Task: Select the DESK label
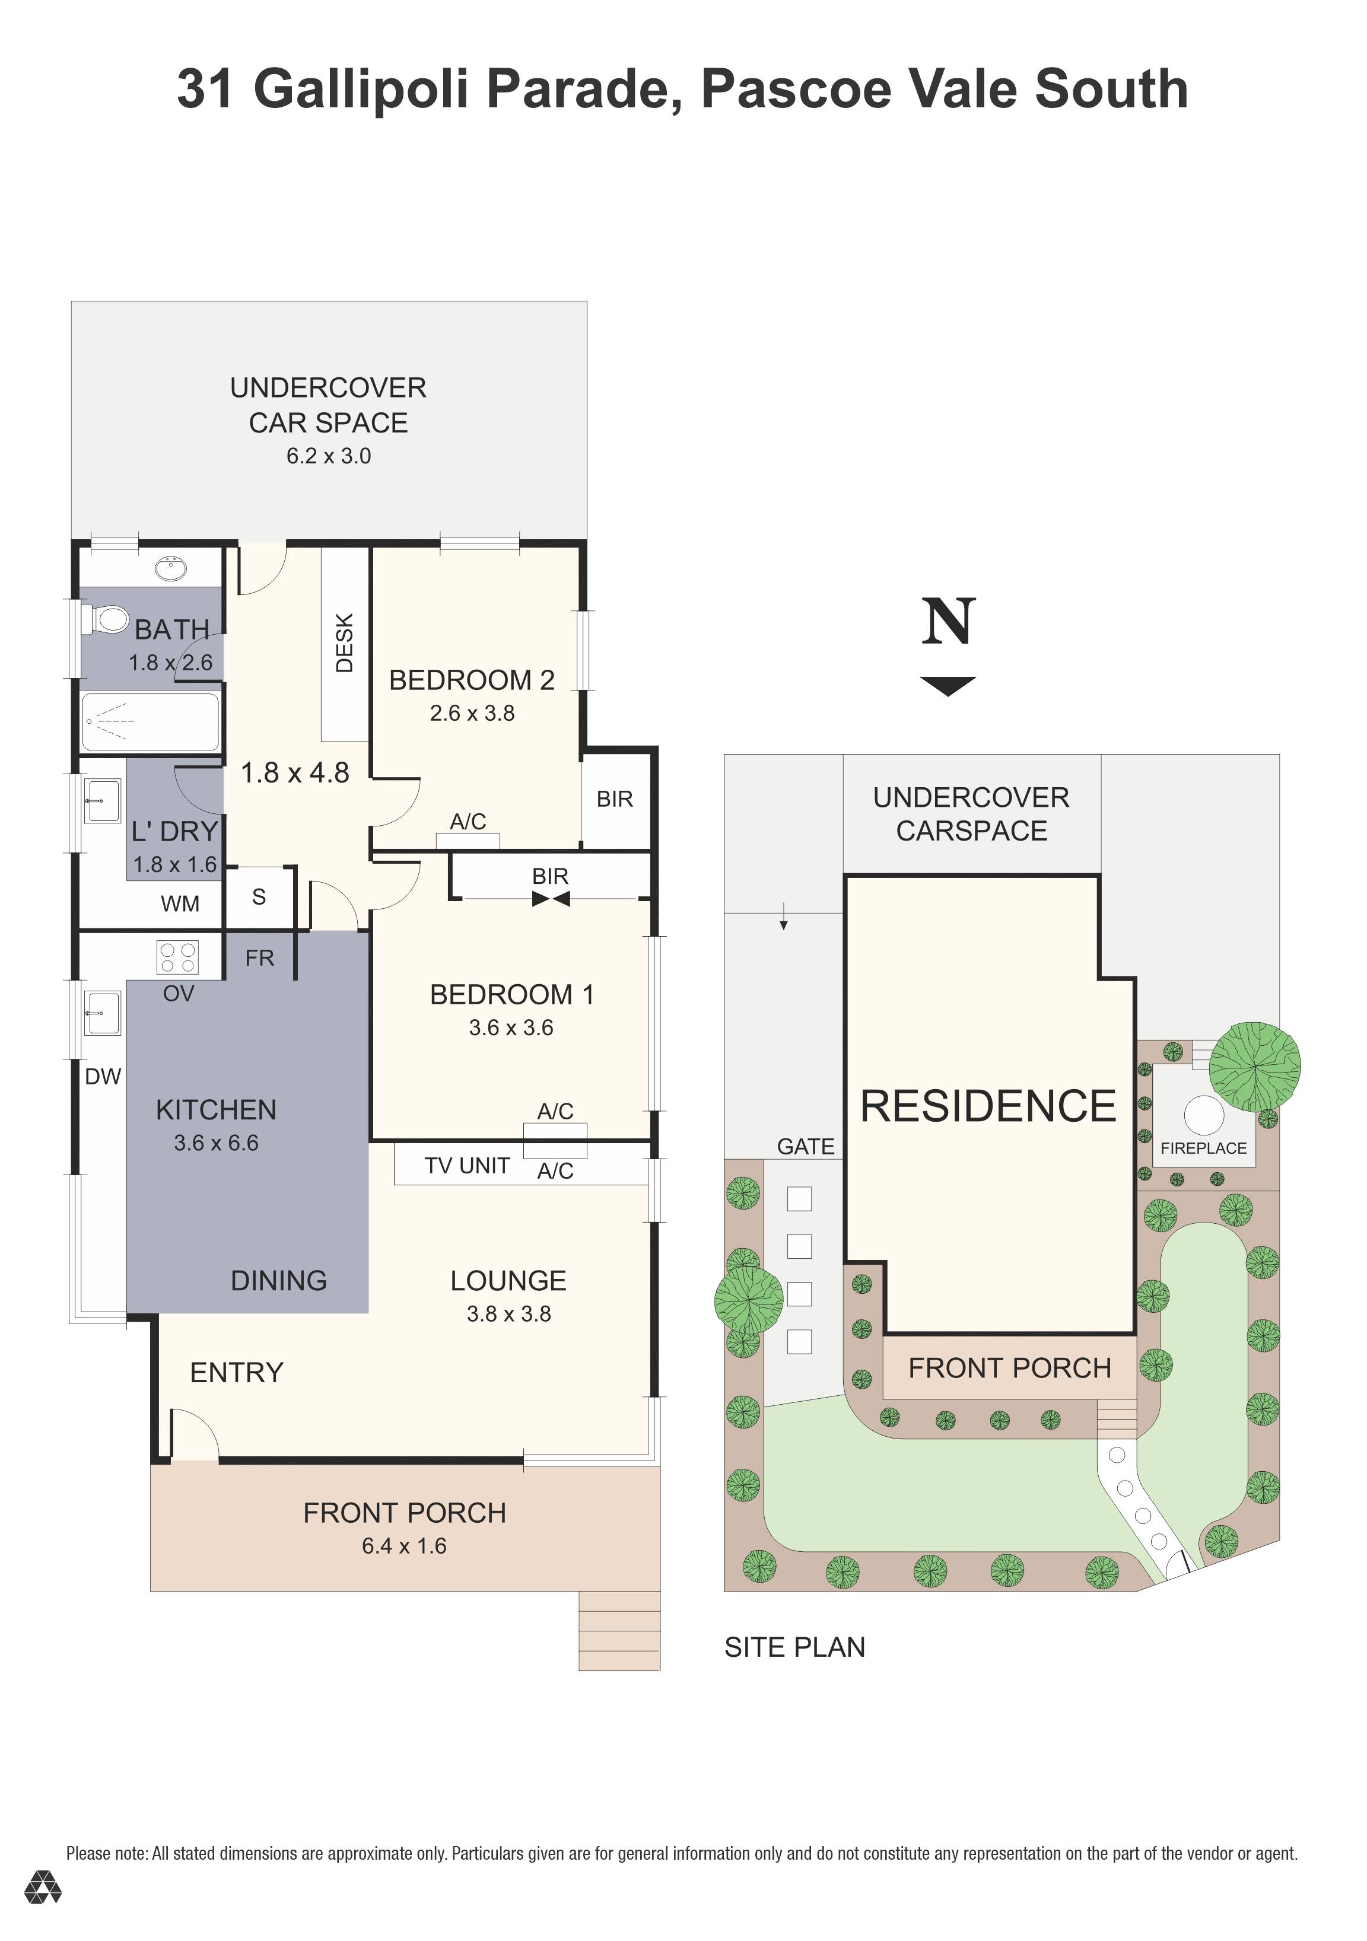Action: [345, 643]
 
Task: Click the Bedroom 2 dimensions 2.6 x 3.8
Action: [472, 714]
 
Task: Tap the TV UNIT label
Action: [467, 1166]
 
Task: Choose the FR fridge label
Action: [259, 958]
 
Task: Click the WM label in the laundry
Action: [180, 903]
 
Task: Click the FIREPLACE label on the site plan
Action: [1204, 1148]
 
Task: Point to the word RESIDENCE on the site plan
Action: [988, 1106]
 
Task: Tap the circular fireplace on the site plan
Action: [1204, 1115]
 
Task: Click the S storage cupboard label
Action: [259, 897]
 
